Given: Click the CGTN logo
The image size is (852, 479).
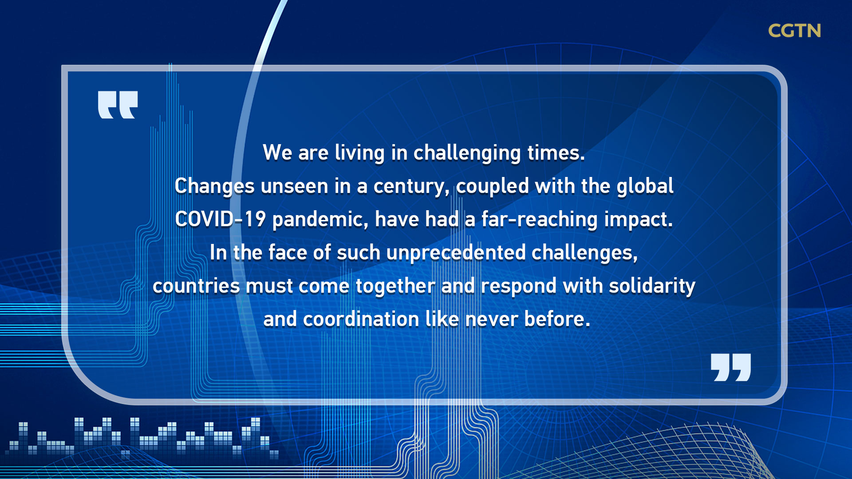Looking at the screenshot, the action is point(794,31).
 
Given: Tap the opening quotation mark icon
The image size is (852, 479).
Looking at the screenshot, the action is point(118,105).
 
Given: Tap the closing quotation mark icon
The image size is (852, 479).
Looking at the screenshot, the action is point(731,367).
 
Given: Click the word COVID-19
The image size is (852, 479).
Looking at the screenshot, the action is point(220,219).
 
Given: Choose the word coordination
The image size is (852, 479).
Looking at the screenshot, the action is point(361,319).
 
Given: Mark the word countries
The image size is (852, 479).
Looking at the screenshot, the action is point(197,286).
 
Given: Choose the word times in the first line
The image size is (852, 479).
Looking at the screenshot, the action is point(556,153).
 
